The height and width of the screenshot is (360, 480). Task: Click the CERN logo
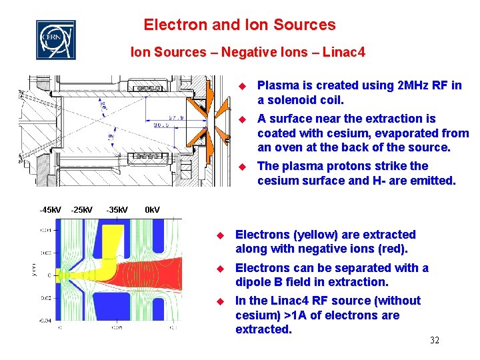55,40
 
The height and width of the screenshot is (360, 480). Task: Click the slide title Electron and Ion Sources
240,25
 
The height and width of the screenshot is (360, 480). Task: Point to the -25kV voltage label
82,211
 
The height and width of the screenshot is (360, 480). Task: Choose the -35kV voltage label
118,211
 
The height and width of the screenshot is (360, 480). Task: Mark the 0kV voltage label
153,211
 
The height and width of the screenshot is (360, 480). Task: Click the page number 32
434,341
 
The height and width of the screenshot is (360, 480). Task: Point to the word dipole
253,282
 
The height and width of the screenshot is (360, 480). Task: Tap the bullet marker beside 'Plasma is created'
243,85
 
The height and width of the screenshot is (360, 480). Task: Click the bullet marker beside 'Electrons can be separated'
221,268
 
